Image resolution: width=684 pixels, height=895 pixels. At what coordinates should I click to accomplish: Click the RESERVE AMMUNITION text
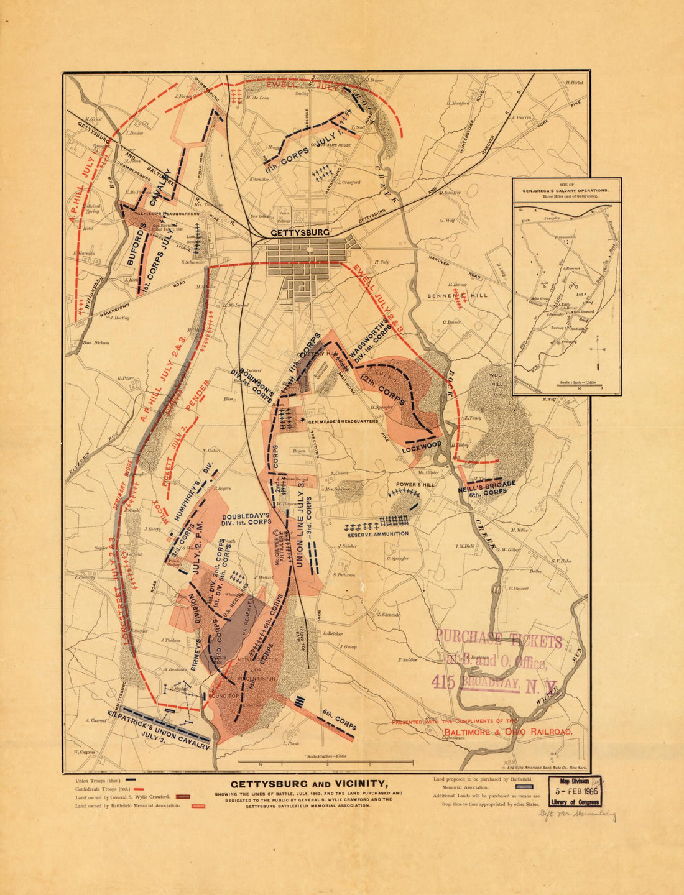pyautogui.click(x=378, y=533)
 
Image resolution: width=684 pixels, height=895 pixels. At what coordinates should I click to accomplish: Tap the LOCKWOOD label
pyautogui.click(x=421, y=446)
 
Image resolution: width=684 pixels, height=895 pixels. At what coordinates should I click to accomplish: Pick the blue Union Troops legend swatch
pyautogui.click(x=131, y=779)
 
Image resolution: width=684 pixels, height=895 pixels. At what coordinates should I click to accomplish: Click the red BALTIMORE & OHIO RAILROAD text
pyautogui.click(x=507, y=733)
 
